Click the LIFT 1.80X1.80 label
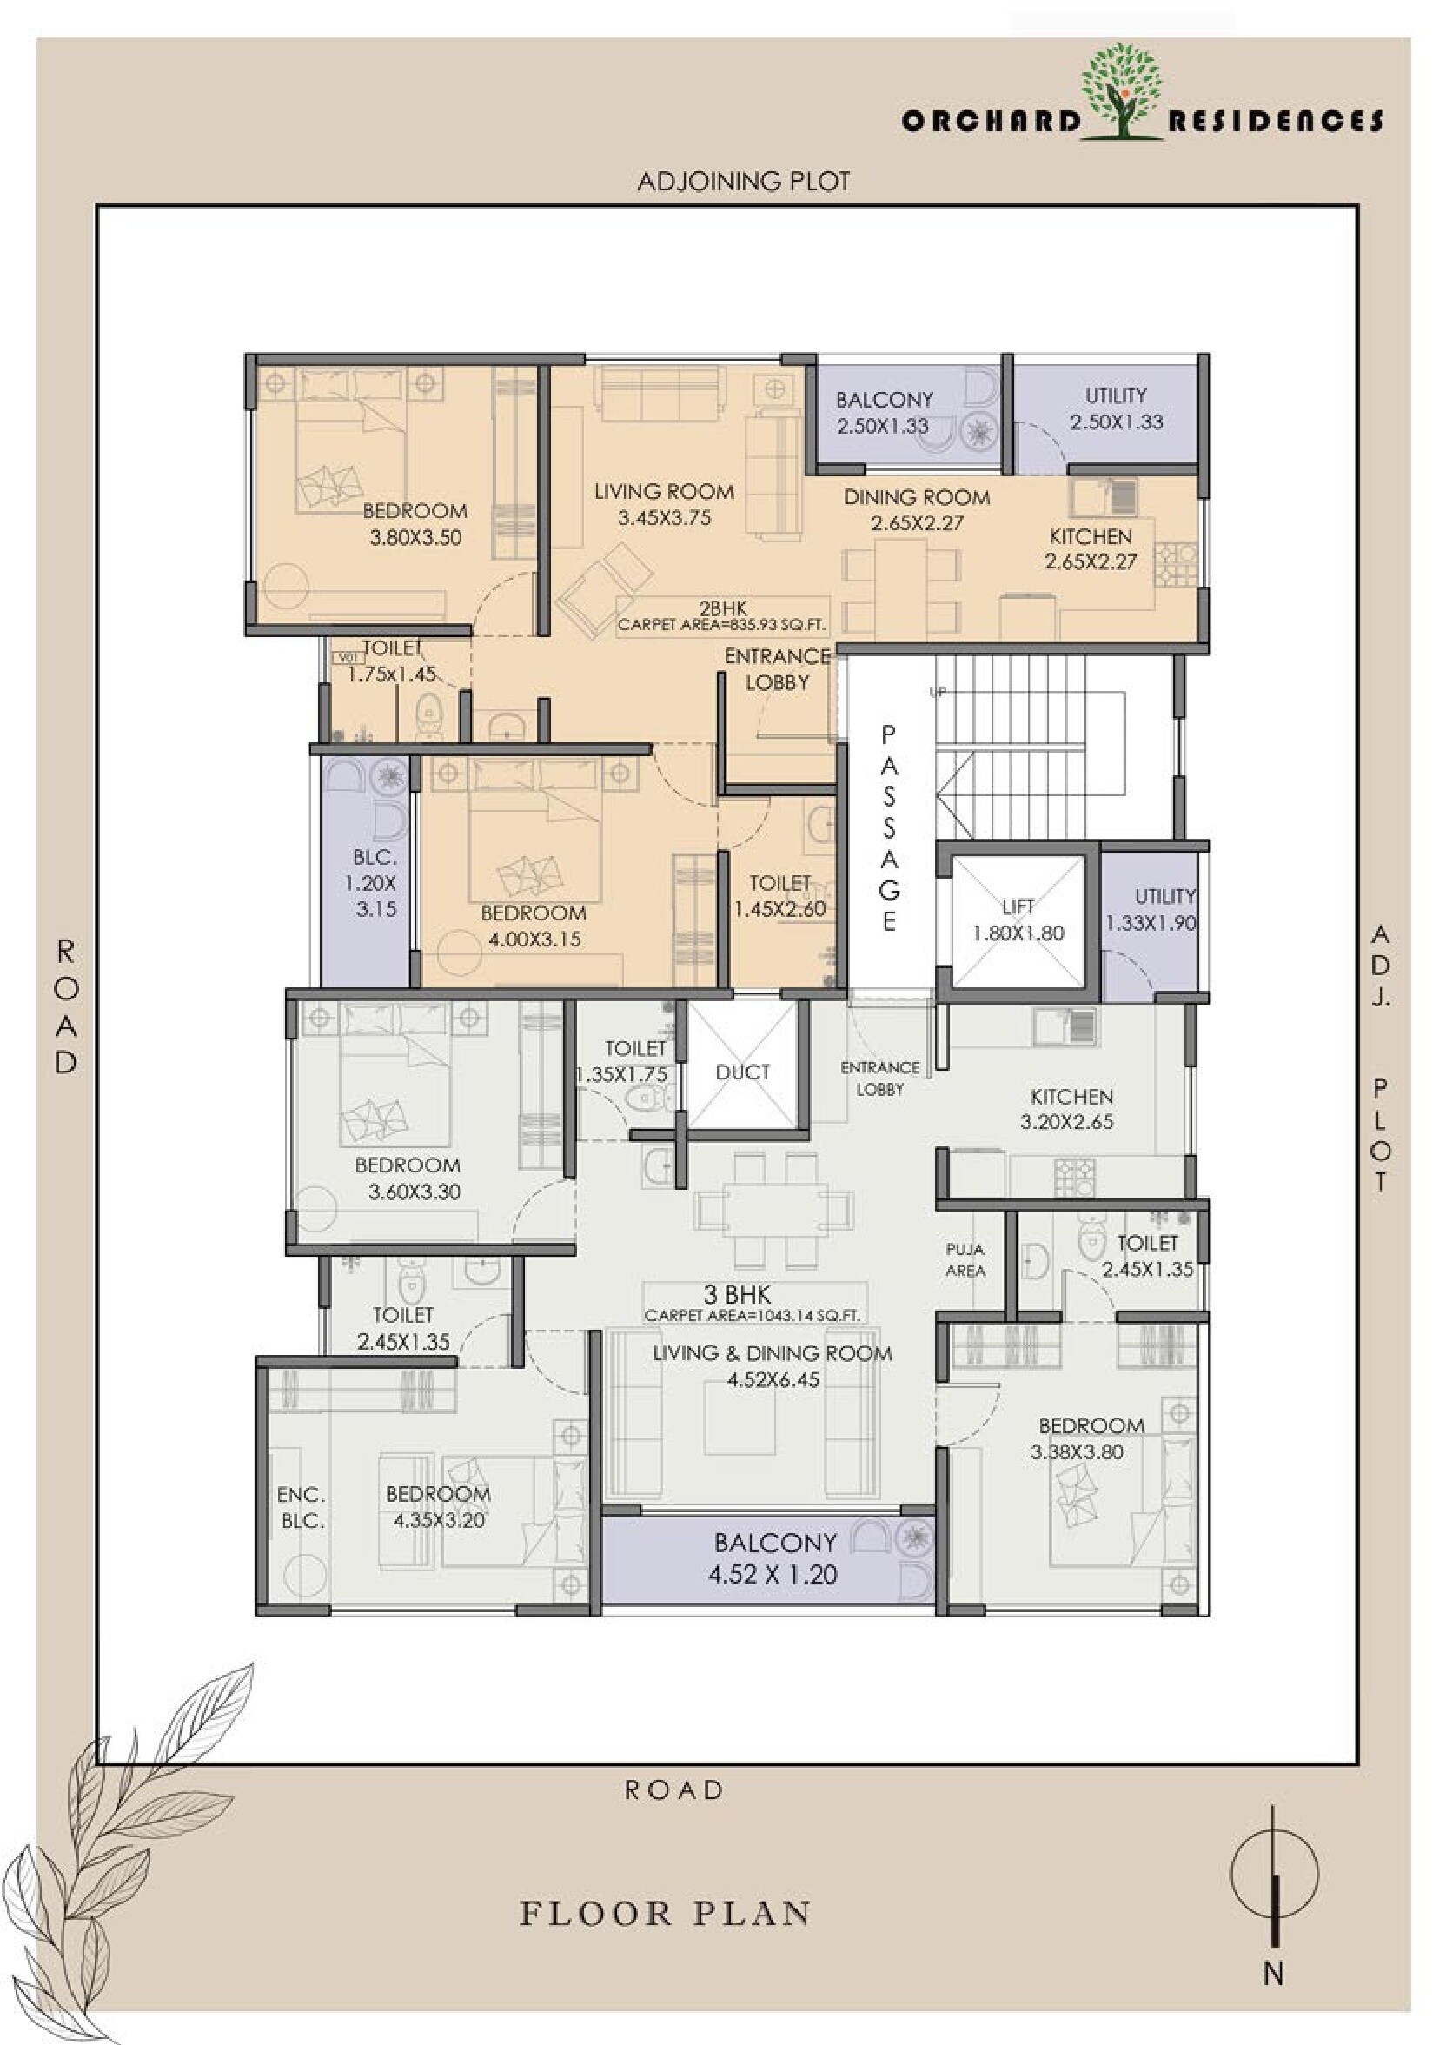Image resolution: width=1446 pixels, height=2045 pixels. pyautogui.click(x=1018, y=920)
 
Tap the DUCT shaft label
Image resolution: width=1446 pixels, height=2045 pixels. pyautogui.click(x=743, y=1072)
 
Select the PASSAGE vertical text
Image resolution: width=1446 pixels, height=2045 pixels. pyautogui.click(x=889, y=827)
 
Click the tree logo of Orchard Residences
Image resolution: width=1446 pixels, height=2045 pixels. pyautogui.click(x=1122, y=94)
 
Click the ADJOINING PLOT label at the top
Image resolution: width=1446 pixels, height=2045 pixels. pyautogui.click(x=744, y=182)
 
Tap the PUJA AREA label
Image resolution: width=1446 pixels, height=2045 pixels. pyautogui.click(x=965, y=1260)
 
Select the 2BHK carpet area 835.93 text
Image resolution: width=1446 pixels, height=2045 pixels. pyautogui.click(x=722, y=617)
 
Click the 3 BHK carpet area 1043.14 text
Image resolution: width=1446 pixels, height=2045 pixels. pyautogui.click(x=753, y=1304)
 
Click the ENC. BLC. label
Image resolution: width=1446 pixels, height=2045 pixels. pyautogui.click(x=301, y=1508)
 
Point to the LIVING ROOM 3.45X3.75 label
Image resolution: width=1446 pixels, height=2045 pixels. pyautogui.click(x=664, y=504)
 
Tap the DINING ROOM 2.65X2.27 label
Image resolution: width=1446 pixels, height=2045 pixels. pyautogui.click(x=917, y=509)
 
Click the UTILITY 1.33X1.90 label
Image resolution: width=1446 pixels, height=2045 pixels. pyautogui.click(x=1152, y=910)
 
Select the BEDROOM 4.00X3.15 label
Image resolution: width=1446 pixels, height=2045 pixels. pyautogui.click(x=534, y=926)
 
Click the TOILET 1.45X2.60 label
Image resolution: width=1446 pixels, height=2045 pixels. pyautogui.click(x=780, y=896)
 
